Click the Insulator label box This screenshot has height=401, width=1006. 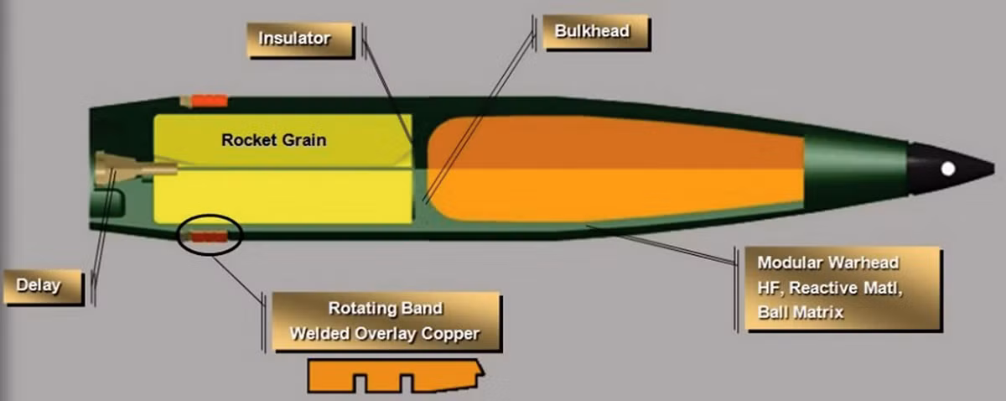coord(300,39)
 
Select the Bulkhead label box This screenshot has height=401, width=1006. coord(597,32)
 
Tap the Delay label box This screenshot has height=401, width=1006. coord(44,287)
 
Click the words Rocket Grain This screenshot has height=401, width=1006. coord(274,140)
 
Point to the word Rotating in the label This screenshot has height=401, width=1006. coord(360,309)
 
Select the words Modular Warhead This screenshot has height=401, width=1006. coord(828,263)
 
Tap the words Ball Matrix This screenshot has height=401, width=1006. coord(801,312)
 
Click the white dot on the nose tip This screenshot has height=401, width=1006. coord(948,169)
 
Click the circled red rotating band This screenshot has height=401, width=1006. coord(208,237)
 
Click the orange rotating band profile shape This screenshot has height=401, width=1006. coord(395,375)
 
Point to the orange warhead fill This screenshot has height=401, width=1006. coord(615,169)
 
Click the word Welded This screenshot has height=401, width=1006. coord(319,334)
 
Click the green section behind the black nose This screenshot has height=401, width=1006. coord(856,169)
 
